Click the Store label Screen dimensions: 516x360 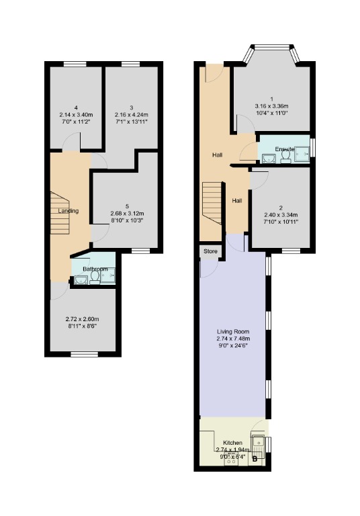click(210, 251)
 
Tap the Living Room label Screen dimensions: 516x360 click(232, 332)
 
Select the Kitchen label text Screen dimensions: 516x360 click(232, 443)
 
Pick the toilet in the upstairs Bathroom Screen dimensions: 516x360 click(95, 277)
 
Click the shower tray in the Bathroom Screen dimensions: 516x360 click(109, 275)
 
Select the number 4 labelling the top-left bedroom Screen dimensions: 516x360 click(77, 107)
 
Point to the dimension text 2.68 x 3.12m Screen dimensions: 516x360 click(127, 212)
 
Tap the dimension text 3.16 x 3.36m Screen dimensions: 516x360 click(271, 105)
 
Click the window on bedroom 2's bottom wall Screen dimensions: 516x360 click(291, 251)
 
